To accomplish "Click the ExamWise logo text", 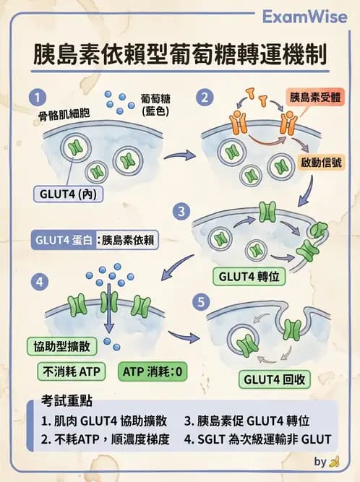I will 304,17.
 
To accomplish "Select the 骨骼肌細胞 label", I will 64,115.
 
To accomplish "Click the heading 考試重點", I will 62,401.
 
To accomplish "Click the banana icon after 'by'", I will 333,462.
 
